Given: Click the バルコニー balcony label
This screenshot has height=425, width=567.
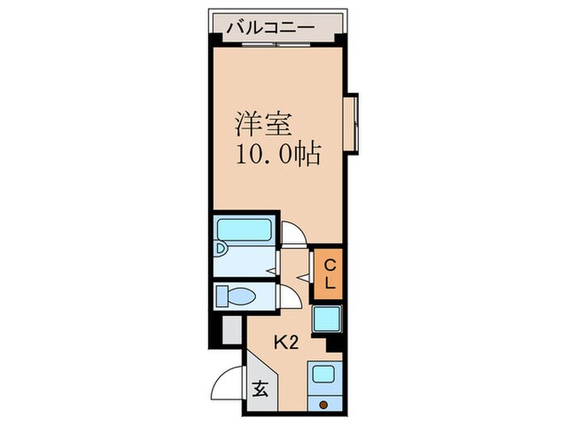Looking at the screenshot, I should tap(271, 27).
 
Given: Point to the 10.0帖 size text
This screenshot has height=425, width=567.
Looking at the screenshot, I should tap(278, 154).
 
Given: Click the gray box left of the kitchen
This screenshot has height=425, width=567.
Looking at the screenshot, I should tap(232, 329).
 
